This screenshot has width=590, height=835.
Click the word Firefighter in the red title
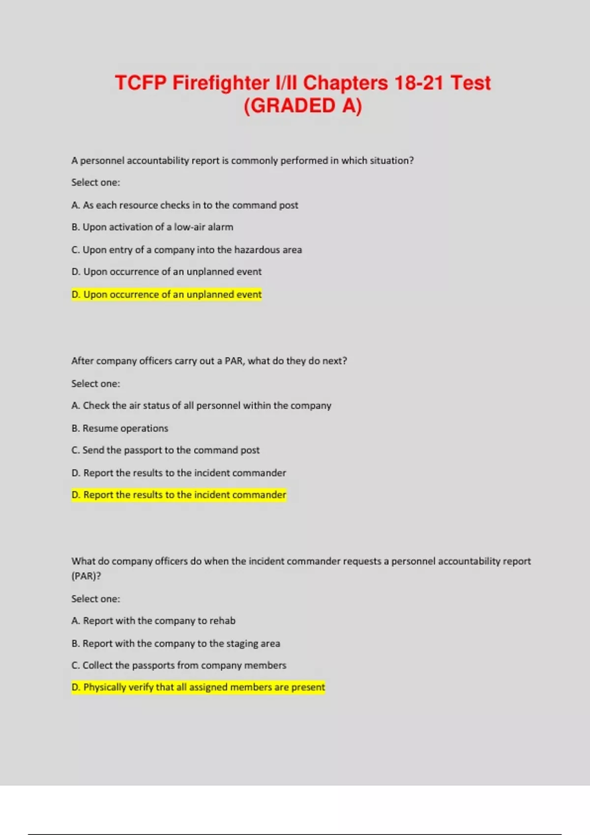tap(221, 83)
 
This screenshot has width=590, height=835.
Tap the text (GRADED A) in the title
tap(302, 106)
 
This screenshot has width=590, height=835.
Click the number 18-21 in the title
tap(419, 83)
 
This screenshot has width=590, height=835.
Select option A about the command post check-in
tap(184, 205)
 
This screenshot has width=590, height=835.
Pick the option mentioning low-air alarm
tap(152, 227)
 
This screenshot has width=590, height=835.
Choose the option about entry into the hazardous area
tap(186, 250)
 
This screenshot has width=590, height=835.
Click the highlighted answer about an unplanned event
tap(167, 294)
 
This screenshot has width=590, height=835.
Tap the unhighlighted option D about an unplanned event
tap(167, 272)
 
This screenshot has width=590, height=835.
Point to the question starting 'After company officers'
tap(209, 361)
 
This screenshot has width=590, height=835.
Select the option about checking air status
tap(201, 405)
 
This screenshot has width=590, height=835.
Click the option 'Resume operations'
tap(120, 428)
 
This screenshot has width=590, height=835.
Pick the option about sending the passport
tap(165, 450)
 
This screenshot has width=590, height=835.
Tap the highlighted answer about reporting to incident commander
tap(179, 495)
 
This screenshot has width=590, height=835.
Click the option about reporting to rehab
tap(153, 620)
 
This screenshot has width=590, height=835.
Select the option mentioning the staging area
tap(176, 643)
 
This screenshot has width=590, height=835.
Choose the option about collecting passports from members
tap(178, 665)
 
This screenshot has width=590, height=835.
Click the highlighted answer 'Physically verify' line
tap(198, 687)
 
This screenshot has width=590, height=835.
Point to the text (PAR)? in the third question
tap(86, 576)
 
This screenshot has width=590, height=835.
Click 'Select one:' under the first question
tap(95, 182)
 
